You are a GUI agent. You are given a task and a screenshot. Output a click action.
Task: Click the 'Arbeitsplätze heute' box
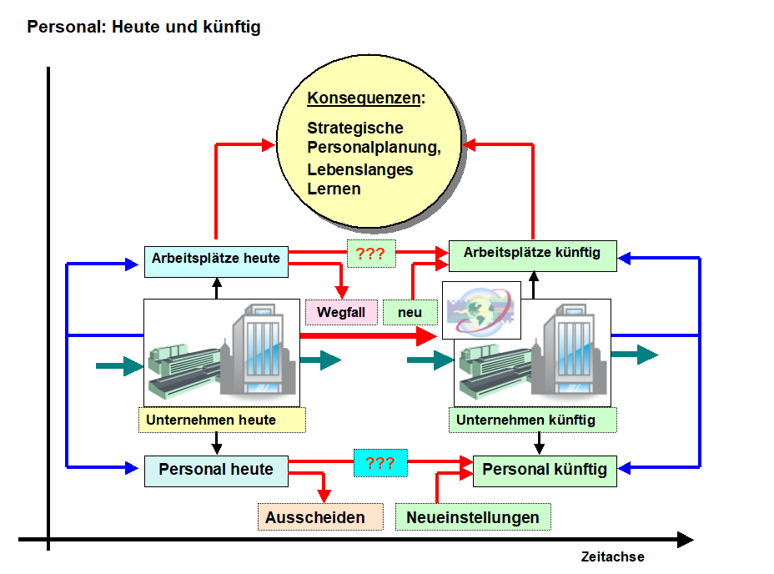tap(216, 259)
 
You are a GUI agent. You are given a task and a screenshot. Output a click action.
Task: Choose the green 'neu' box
tap(410, 313)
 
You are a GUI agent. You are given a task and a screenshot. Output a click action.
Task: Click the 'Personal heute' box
tap(216, 470)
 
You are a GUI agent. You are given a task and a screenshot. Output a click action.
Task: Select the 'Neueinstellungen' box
tap(473, 517)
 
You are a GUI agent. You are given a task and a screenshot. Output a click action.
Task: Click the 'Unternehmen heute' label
tap(222, 420)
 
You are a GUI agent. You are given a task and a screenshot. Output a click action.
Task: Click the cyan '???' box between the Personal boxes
tap(380, 463)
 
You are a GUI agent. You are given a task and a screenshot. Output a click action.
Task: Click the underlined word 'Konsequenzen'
tap(363, 98)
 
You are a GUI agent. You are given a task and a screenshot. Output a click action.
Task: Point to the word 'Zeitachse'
tap(613, 556)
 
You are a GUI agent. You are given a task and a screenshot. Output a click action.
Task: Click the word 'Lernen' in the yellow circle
tap(334, 189)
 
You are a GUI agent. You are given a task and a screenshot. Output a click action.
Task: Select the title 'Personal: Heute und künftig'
tap(143, 27)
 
